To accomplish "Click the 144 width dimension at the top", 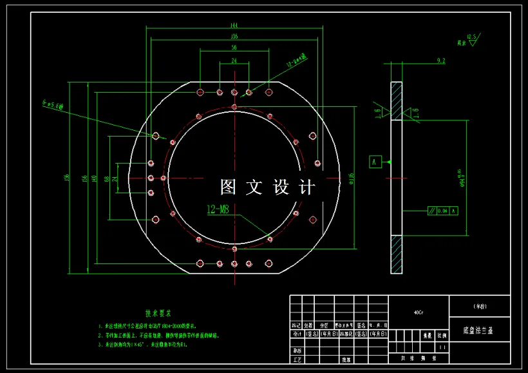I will [234, 25].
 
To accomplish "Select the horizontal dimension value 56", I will [233, 48].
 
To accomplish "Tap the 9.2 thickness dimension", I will [441, 61].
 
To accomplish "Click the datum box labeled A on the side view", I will [373, 161].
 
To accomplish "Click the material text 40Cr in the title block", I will [419, 312].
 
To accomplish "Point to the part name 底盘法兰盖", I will [477, 330].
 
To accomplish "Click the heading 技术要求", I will [158, 314].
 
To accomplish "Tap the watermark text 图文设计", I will [268, 187].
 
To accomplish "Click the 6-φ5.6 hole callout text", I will [52, 104].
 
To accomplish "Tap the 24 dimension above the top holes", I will [234, 61].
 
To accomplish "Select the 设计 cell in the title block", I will [296, 335].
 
